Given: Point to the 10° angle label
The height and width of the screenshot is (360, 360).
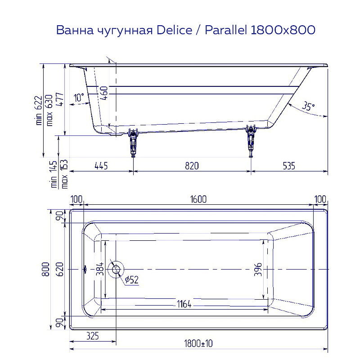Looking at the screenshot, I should (79, 97).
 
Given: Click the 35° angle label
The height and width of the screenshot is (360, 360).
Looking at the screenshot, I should (308, 107).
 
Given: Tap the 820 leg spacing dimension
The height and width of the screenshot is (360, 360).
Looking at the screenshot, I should (192, 166).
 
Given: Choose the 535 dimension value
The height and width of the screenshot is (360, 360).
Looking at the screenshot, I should (288, 166).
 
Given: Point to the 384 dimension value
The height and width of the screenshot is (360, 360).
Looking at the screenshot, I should (100, 269).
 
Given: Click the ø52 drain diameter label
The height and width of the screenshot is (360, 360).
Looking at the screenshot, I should (131, 280).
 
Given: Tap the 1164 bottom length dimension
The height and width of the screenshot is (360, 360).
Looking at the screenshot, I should (182, 305).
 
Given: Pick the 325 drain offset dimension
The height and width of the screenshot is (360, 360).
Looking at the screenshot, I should (91, 336).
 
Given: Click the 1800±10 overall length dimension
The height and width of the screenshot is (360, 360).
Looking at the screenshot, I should (198, 344).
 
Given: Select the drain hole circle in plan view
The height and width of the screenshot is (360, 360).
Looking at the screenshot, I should (117, 269).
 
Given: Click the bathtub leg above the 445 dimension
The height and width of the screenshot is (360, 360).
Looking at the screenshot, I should (133, 142).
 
